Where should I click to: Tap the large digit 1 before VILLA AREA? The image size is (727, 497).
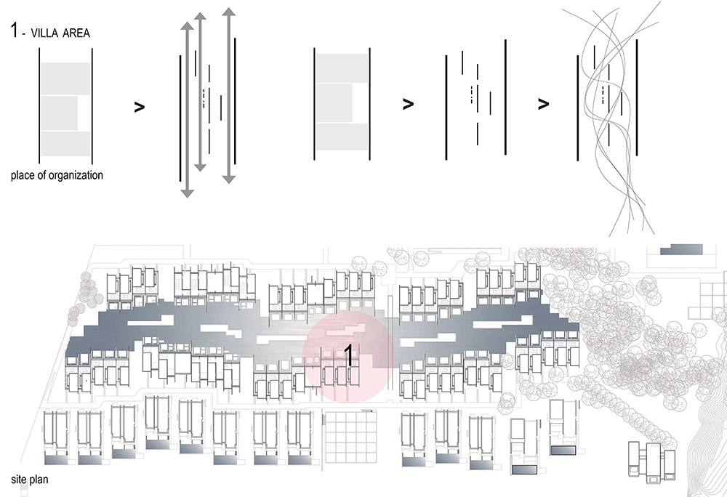tap(15, 31)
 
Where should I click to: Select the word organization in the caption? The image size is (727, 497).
tap(76, 176)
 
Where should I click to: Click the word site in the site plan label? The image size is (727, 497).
tap(19, 479)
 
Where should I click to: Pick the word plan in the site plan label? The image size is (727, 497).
tap(39, 480)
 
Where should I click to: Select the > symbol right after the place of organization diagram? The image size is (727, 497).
tap(139, 108)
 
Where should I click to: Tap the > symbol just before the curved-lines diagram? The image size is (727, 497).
tap(543, 104)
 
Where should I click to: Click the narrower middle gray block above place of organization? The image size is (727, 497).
tap(59, 113)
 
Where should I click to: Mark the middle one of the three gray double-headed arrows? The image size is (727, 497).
tap(200, 92)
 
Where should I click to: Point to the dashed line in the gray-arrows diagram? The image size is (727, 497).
tap(204, 98)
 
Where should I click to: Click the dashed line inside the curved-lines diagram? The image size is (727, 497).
tap(602, 94)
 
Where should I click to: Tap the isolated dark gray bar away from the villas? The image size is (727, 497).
tap(681, 250)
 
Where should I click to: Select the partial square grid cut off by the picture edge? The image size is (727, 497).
tap(707, 301)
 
